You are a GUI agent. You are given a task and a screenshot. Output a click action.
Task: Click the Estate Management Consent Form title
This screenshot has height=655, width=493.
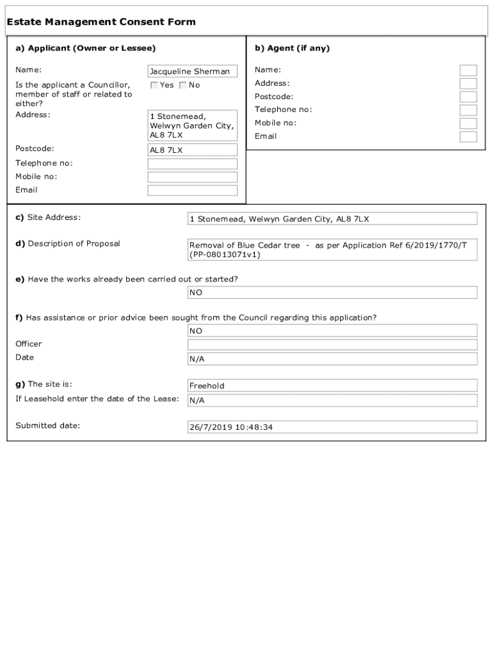pyautogui.click(x=101, y=22)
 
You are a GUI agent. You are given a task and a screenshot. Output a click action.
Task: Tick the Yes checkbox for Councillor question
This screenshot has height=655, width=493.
pyautogui.click(x=154, y=85)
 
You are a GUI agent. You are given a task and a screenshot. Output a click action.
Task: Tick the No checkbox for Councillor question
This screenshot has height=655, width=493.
pyautogui.click(x=183, y=85)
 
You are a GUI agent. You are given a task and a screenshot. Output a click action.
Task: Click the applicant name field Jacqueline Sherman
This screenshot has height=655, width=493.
pyautogui.click(x=192, y=72)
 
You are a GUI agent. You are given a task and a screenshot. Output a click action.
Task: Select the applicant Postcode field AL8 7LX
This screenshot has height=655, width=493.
pyautogui.click(x=192, y=150)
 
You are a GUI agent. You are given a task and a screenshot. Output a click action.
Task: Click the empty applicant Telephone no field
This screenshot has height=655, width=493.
pyautogui.click(x=192, y=164)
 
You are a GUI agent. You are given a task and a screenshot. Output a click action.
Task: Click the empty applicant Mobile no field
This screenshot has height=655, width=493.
pyautogui.click(x=192, y=177)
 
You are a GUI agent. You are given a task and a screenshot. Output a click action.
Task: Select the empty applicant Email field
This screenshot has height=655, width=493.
pyautogui.click(x=192, y=191)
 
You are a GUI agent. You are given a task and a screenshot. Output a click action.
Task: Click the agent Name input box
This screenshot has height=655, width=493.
pyautogui.click(x=468, y=70)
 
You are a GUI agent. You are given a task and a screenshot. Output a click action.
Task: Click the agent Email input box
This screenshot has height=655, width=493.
pyautogui.click(x=468, y=137)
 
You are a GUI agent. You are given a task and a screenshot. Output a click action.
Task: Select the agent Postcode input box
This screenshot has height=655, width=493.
pyautogui.click(x=468, y=97)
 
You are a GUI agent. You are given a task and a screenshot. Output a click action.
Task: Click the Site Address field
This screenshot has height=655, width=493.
pyautogui.click(x=332, y=219)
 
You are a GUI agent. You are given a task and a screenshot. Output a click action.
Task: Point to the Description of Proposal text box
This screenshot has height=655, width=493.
pyautogui.click(x=332, y=249)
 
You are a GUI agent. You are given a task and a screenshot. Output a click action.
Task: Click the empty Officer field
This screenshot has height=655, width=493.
pyautogui.click(x=332, y=345)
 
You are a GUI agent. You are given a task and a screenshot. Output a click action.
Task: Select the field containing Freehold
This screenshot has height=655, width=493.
pyautogui.click(x=332, y=386)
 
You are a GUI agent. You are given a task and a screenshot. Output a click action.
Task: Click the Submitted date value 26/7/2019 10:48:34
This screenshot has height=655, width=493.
pyautogui.click(x=332, y=427)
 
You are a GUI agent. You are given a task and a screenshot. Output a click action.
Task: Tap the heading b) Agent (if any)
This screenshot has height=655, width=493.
pyautogui.click(x=292, y=48)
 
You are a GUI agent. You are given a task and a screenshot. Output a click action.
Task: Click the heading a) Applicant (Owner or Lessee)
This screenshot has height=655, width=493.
pyautogui.click(x=86, y=48)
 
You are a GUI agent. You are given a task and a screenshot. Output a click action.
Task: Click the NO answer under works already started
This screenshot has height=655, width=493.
pyautogui.click(x=332, y=292)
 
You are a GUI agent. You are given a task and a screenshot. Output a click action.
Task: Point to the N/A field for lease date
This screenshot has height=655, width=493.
pyautogui.click(x=332, y=400)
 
